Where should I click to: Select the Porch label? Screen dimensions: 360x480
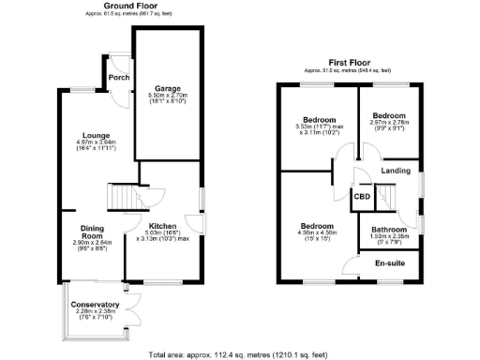119,78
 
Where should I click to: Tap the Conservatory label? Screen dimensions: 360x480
94,305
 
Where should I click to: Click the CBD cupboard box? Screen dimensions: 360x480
362,197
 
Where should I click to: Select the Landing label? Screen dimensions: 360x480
395,171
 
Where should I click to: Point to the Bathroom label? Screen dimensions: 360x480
388,230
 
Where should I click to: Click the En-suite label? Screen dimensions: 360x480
389,263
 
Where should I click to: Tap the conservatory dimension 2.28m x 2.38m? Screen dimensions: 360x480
94,312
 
